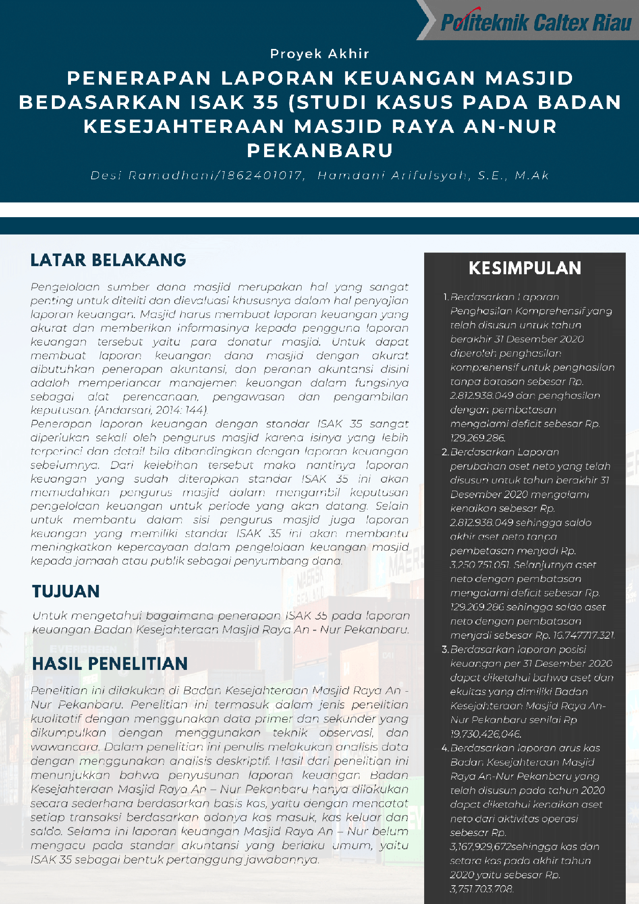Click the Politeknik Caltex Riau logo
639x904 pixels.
tap(536, 22)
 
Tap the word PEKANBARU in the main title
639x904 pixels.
tap(319, 151)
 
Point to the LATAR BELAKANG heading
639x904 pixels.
tap(108, 260)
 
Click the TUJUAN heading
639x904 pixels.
tap(66, 592)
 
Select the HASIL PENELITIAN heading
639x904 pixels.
tap(110, 663)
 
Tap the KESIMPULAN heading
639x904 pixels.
tap(525, 268)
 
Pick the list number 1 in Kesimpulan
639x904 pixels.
tap(445, 297)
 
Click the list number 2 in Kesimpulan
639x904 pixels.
tap(445, 452)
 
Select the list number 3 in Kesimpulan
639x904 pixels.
tap(445, 649)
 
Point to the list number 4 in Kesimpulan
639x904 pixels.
tap(445, 748)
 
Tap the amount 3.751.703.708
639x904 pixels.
tap(482, 889)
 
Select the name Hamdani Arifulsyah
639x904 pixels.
tap(394, 175)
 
